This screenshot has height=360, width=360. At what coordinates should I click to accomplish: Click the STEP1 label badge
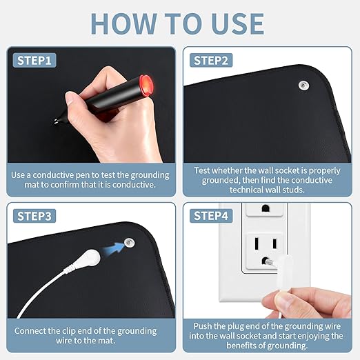34,61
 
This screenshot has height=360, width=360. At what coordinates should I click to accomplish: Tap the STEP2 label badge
211,61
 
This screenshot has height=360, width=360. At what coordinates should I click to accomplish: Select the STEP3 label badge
34,216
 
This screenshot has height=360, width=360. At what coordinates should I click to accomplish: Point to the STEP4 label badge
211,216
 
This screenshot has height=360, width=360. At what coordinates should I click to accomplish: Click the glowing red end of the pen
147,86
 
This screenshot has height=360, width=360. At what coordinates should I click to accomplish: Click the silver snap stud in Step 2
303,86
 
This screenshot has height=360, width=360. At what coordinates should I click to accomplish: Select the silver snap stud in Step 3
130,243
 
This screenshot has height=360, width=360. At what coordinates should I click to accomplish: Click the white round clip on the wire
92,258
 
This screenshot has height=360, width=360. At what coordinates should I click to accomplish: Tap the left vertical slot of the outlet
257,243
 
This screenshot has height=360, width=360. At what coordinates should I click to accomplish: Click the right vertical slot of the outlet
274,243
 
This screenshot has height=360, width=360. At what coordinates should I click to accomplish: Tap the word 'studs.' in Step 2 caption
292,190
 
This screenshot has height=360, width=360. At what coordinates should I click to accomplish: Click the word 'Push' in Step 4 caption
203,326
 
